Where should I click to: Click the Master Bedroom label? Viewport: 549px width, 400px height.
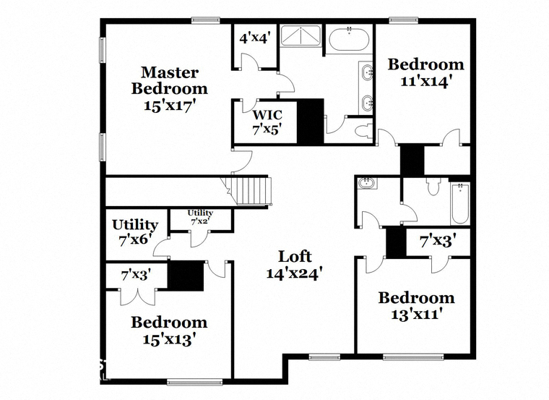point(170,80)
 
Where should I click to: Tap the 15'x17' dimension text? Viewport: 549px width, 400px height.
point(170,105)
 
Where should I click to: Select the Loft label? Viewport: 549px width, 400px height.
point(295,257)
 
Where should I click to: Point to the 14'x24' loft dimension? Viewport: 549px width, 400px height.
point(295,273)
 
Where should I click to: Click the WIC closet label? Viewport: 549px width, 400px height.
point(267,114)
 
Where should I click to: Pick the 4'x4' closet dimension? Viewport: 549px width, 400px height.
point(254,38)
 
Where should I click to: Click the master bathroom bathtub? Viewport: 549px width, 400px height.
point(349,39)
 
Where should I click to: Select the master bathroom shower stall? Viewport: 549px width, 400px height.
point(301,35)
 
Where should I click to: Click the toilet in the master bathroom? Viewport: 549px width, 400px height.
point(364,131)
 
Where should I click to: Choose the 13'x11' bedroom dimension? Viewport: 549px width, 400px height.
point(415,314)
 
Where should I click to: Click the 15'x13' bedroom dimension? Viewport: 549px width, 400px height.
point(169,339)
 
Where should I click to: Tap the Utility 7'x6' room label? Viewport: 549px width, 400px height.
point(135,232)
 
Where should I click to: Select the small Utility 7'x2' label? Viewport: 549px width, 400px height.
point(200,217)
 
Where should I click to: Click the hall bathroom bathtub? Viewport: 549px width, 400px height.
point(460,204)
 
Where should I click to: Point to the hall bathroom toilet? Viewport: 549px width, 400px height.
point(433,186)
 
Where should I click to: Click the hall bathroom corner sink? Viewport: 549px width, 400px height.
point(367,183)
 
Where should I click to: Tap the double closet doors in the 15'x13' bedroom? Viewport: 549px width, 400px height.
point(137,297)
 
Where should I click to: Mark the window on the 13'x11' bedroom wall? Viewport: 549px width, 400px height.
point(413,357)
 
